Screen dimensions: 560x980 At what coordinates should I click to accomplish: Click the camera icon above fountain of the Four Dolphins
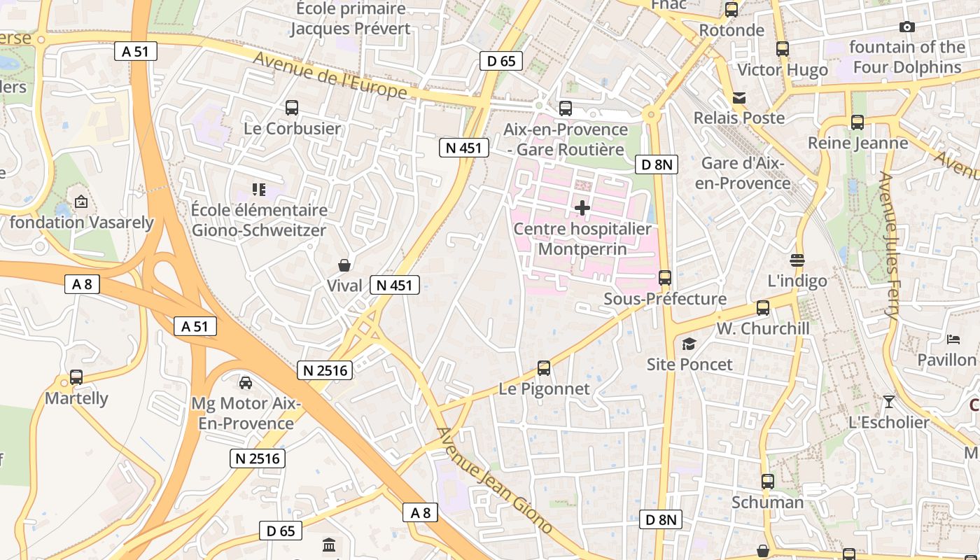[x=906, y=27]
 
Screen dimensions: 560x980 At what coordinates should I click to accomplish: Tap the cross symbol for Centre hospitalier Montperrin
[x=582, y=208]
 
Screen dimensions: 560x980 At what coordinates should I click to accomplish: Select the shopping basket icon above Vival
[x=344, y=265]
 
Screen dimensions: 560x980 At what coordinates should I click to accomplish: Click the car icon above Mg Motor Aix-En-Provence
[x=246, y=383]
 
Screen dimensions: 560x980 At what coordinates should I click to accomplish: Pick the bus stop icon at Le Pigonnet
[x=543, y=368]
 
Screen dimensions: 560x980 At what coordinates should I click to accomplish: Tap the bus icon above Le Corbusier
[x=292, y=108]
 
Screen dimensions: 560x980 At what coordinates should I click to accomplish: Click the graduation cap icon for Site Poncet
[x=689, y=344]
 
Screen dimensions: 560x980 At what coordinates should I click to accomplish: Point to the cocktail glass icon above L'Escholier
[x=888, y=402]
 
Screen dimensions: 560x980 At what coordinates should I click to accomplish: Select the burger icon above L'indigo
[x=797, y=260]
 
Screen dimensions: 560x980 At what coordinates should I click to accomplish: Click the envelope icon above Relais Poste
[x=739, y=97]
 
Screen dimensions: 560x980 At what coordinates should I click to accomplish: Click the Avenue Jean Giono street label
[x=495, y=480]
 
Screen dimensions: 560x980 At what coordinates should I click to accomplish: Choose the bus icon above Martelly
[x=76, y=377]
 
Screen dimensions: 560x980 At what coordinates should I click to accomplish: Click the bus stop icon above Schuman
[x=768, y=482]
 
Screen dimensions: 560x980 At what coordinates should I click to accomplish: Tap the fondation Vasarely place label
[x=81, y=223]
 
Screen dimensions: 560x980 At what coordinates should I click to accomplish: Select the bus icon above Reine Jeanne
[x=857, y=122]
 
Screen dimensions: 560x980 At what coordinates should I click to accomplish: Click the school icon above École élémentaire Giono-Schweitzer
[x=259, y=189]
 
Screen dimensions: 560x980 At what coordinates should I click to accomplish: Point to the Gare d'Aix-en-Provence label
[x=745, y=173]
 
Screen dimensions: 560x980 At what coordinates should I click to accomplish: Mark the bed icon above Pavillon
[x=953, y=339]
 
